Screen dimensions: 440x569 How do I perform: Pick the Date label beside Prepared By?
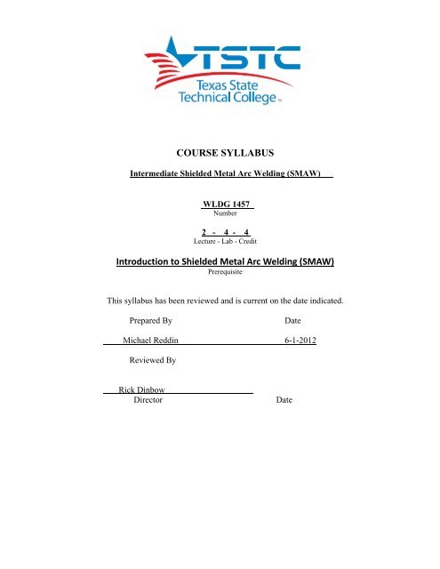tap(292, 344)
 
